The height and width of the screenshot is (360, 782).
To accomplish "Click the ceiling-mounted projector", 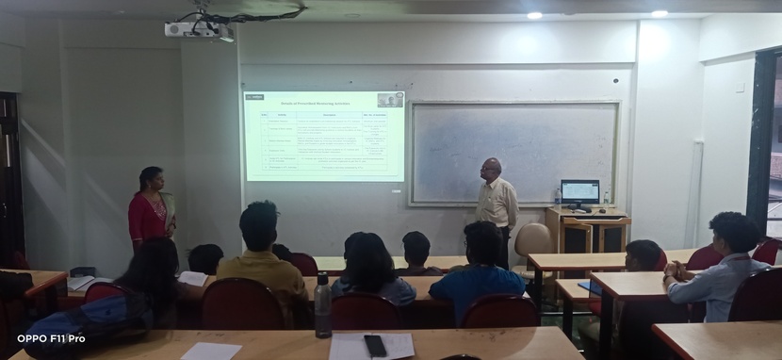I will tap(193, 29).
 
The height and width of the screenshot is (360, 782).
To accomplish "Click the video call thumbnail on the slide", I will tap(390, 99).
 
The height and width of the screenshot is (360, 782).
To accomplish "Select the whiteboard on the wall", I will tap(514, 153).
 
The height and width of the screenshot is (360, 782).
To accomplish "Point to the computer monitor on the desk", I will tap(579, 192).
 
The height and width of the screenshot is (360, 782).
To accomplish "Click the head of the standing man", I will tap(491, 168).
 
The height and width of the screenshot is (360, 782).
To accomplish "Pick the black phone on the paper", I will tap(375, 345).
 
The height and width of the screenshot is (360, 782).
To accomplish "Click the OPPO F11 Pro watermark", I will tap(51, 338).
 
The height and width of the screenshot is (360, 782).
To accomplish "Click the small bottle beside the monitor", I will tap(559, 197).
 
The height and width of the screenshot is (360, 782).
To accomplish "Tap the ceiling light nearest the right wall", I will tap(659, 13).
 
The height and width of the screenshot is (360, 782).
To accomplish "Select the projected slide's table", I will tap(325, 142).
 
